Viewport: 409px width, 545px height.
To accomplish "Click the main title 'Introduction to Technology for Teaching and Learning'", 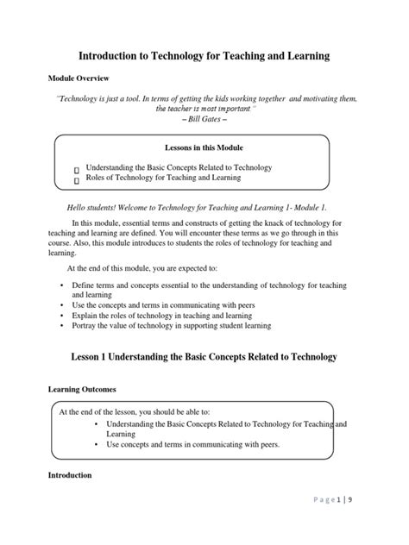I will tap(204, 56).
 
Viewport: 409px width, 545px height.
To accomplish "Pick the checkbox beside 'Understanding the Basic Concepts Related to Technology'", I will tap(77, 169).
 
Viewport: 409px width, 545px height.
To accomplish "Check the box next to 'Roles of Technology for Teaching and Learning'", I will tap(77, 179).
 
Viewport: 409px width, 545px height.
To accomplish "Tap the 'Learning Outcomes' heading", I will tap(85, 389).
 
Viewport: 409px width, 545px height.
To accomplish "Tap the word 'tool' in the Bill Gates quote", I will tap(145, 99).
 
